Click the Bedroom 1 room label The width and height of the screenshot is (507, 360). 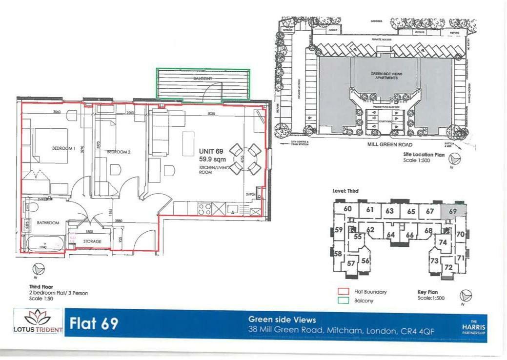[x=63, y=148]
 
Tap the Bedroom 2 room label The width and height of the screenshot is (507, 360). [x=119, y=152]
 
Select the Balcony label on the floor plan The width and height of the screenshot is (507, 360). [x=203, y=78]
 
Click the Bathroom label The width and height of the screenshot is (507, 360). [x=48, y=223]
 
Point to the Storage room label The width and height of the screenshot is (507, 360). [x=92, y=241]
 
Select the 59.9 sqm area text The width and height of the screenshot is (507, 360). [x=212, y=159]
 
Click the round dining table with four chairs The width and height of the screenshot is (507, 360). [x=245, y=159]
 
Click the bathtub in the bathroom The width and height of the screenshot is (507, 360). [x=43, y=243]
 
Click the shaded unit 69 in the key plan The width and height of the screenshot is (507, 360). [x=453, y=211]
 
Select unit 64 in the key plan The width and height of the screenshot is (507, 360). [x=390, y=235]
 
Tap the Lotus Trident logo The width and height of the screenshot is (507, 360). [x=38, y=322]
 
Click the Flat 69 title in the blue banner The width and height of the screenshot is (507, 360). [x=94, y=324]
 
